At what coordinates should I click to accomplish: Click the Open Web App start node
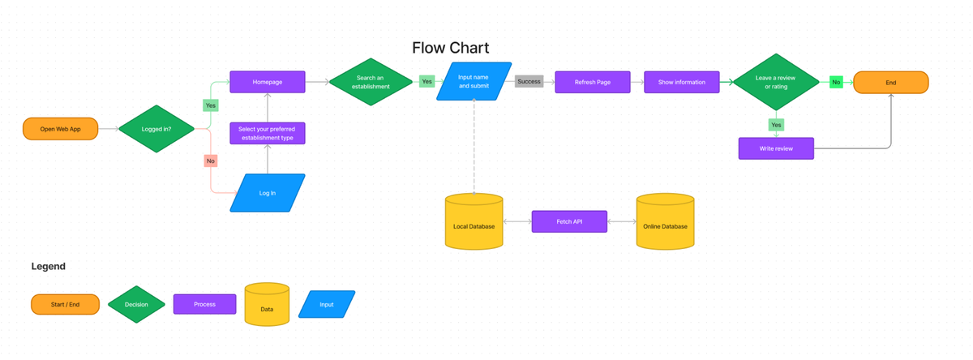(61, 129)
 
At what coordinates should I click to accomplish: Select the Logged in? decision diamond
(156, 129)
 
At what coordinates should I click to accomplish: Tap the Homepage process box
(267, 82)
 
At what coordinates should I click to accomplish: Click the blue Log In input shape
(267, 193)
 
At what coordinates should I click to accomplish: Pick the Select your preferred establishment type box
(267, 133)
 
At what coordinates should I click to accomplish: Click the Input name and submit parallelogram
(474, 82)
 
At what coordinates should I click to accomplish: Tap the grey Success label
(529, 82)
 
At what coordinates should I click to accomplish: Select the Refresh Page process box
(592, 82)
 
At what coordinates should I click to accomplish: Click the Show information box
(681, 82)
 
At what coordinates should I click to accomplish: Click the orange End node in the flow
(890, 82)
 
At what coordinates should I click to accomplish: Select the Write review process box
(776, 148)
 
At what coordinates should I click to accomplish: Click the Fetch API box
(569, 221)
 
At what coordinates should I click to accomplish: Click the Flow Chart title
(450, 48)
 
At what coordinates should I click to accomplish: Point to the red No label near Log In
(211, 161)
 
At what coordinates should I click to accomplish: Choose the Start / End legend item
(65, 304)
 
